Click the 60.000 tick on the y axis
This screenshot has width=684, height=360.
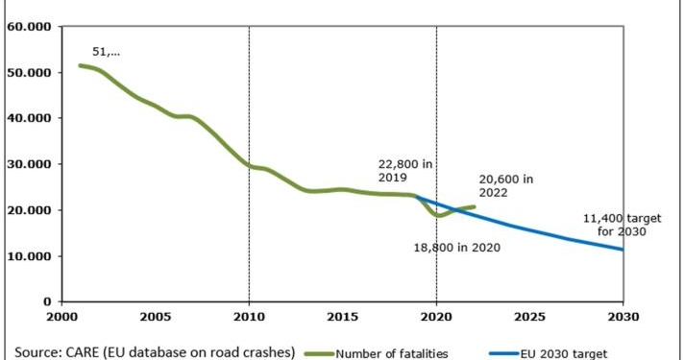click(x=28, y=26)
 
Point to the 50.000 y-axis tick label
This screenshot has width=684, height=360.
click(x=28, y=72)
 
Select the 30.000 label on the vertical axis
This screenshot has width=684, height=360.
click(x=28, y=164)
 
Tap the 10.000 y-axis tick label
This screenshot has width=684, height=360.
click(x=28, y=256)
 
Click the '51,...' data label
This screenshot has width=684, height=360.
click(x=106, y=52)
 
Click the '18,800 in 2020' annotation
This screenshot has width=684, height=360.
click(x=458, y=248)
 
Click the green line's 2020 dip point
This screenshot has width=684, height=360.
click(x=439, y=215)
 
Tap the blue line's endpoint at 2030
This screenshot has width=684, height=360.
click(x=623, y=250)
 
